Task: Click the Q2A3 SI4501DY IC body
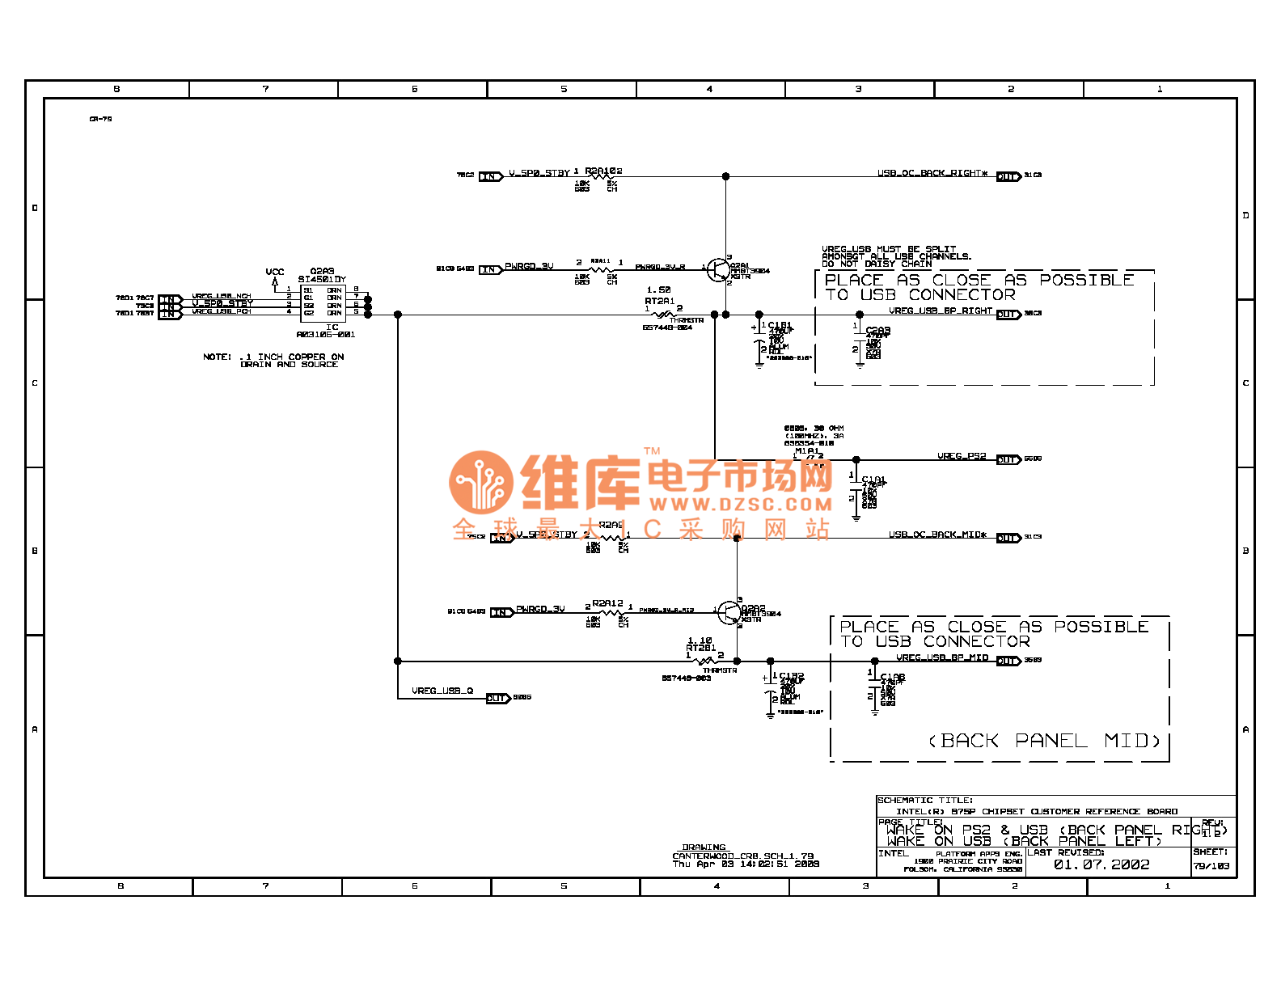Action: click(322, 302)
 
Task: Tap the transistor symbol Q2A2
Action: click(729, 612)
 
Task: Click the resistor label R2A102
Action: click(603, 171)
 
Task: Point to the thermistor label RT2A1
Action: click(659, 301)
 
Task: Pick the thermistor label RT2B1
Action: click(700, 648)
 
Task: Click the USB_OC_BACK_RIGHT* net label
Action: click(932, 173)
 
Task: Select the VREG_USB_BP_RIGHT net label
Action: click(940, 311)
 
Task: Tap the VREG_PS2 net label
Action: click(962, 456)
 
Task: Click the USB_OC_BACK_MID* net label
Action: click(937, 535)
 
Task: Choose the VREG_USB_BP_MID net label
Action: click(941, 657)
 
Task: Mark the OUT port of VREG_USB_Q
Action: click(498, 698)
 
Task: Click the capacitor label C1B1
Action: click(780, 325)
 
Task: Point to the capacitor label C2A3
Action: click(877, 330)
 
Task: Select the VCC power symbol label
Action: click(275, 272)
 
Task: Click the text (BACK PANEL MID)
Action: click(1044, 741)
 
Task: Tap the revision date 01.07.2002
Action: click(1101, 864)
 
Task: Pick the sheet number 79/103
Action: click(1211, 866)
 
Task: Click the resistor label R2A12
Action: click(607, 603)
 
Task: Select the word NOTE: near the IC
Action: click(217, 357)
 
